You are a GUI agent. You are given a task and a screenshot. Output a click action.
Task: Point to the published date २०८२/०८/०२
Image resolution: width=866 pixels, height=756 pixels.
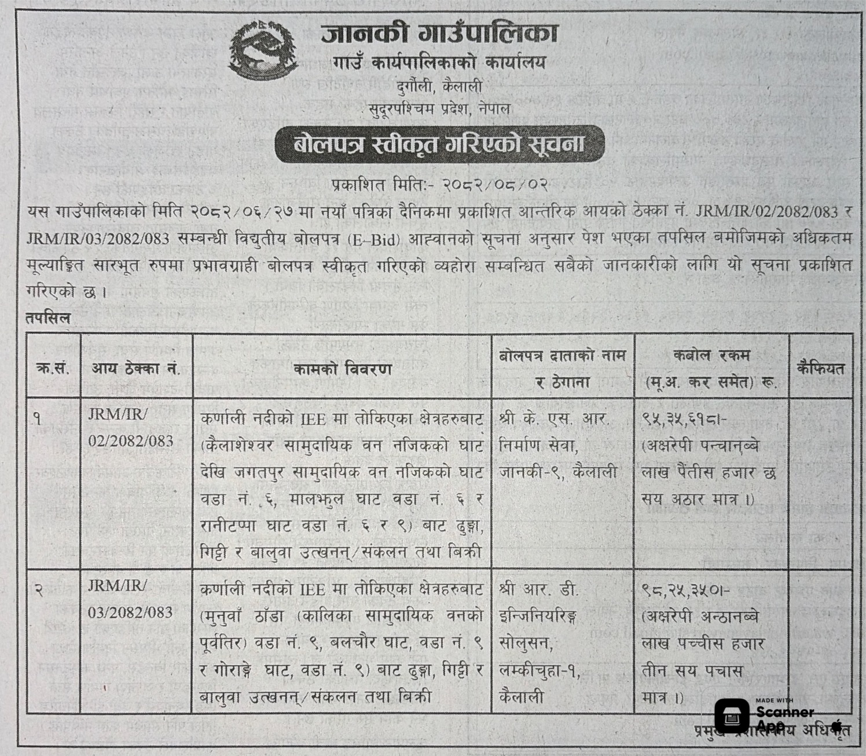(x=494, y=186)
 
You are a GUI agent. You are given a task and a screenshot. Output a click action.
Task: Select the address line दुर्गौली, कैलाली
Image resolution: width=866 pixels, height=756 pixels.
(x=439, y=86)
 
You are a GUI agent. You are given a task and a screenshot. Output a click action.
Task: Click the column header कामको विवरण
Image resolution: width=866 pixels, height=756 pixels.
(x=342, y=369)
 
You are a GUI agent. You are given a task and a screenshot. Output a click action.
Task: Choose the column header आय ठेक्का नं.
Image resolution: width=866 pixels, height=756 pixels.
(x=135, y=369)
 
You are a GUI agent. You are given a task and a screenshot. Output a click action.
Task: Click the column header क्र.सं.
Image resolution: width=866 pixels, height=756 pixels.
(x=53, y=369)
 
